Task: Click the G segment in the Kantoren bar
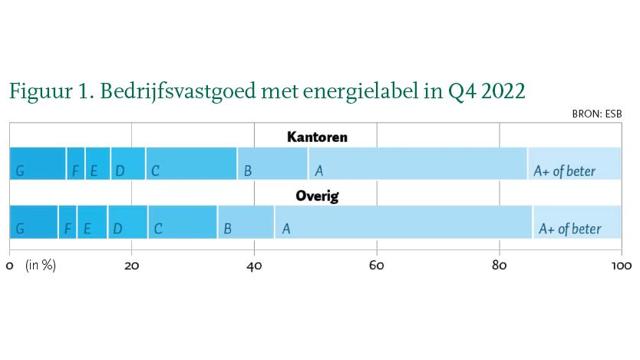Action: (38, 163)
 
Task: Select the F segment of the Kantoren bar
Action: (75, 163)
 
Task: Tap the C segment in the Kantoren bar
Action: (191, 163)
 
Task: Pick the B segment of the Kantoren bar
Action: (272, 163)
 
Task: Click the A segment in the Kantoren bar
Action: (418, 163)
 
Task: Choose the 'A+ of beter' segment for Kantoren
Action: (575, 163)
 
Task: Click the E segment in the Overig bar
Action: (92, 222)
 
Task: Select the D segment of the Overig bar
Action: (127, 222)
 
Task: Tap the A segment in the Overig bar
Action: (404, 222)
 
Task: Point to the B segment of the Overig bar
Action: (246, 222)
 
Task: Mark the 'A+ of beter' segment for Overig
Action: (577, 222)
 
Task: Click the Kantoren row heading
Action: (317, 137)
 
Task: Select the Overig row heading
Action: (317, 197)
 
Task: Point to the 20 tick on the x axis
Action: (131, 266)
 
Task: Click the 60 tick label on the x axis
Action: (376, 266)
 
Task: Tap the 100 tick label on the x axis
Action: (622, 266)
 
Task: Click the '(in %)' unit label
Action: (41, 266)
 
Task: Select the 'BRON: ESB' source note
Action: (597, 114)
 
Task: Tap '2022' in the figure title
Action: (503, 91)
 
